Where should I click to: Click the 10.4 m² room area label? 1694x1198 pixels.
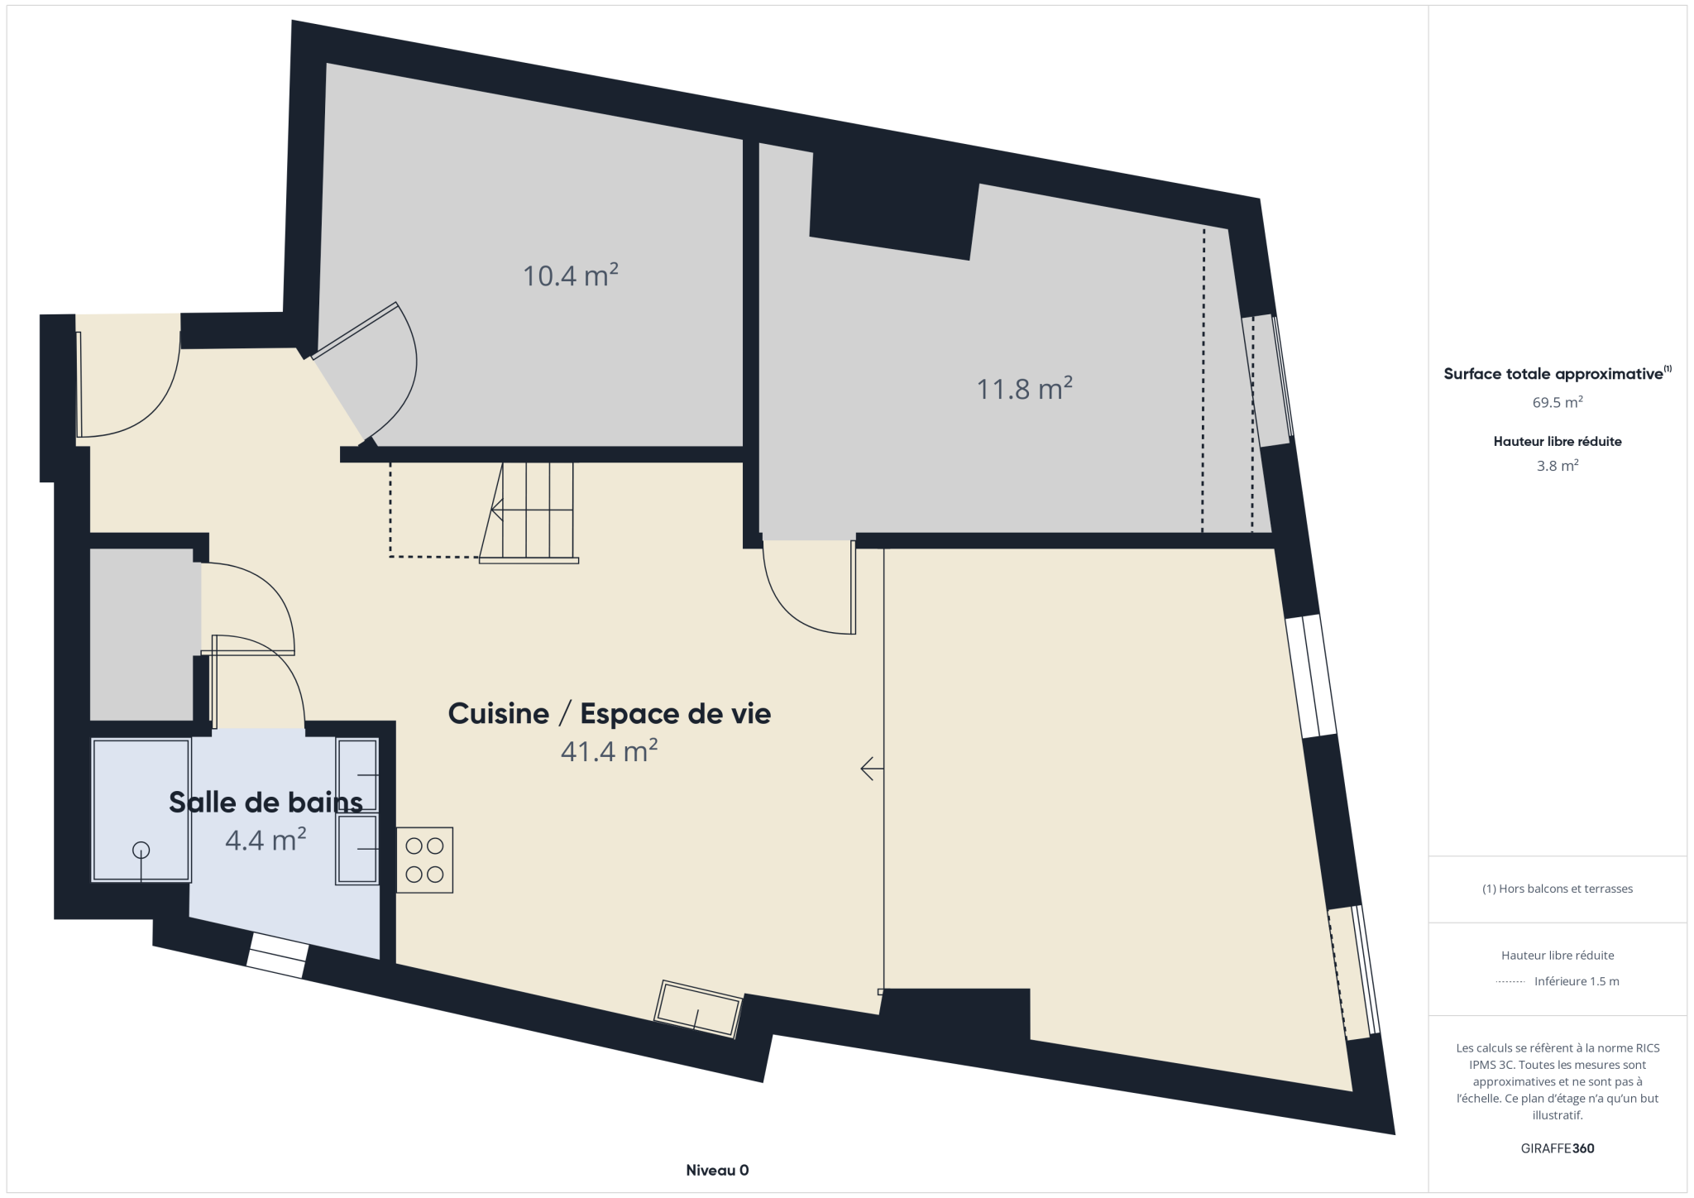(x=571, y=275)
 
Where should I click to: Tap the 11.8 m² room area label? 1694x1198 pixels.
(x=1025, y=388)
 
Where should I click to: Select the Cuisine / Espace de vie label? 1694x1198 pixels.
(x=610, y=713)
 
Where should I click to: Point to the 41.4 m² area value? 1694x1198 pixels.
(x=610, y=750)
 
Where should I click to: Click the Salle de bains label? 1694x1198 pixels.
(x=266, y=802)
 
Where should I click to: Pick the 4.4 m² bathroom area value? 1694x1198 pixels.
(x=266, y=840)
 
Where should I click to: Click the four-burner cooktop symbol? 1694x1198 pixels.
(x=424, y=860)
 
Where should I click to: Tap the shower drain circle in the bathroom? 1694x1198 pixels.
(x=141, y=850)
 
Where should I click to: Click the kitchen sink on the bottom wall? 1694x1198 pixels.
(x=698, y=1009)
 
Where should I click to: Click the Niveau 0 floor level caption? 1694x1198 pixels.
(x=717, y=1170)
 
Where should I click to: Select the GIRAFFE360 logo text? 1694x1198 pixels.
(x=1558, y=1148)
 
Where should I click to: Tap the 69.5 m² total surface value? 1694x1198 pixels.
(x=1558, y=402)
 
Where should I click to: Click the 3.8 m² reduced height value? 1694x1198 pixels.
(x=1558, y=465)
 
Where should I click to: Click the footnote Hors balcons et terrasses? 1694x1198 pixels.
(x=1558, y=889)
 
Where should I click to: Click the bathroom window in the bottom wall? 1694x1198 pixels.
(x=277, y=956)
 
